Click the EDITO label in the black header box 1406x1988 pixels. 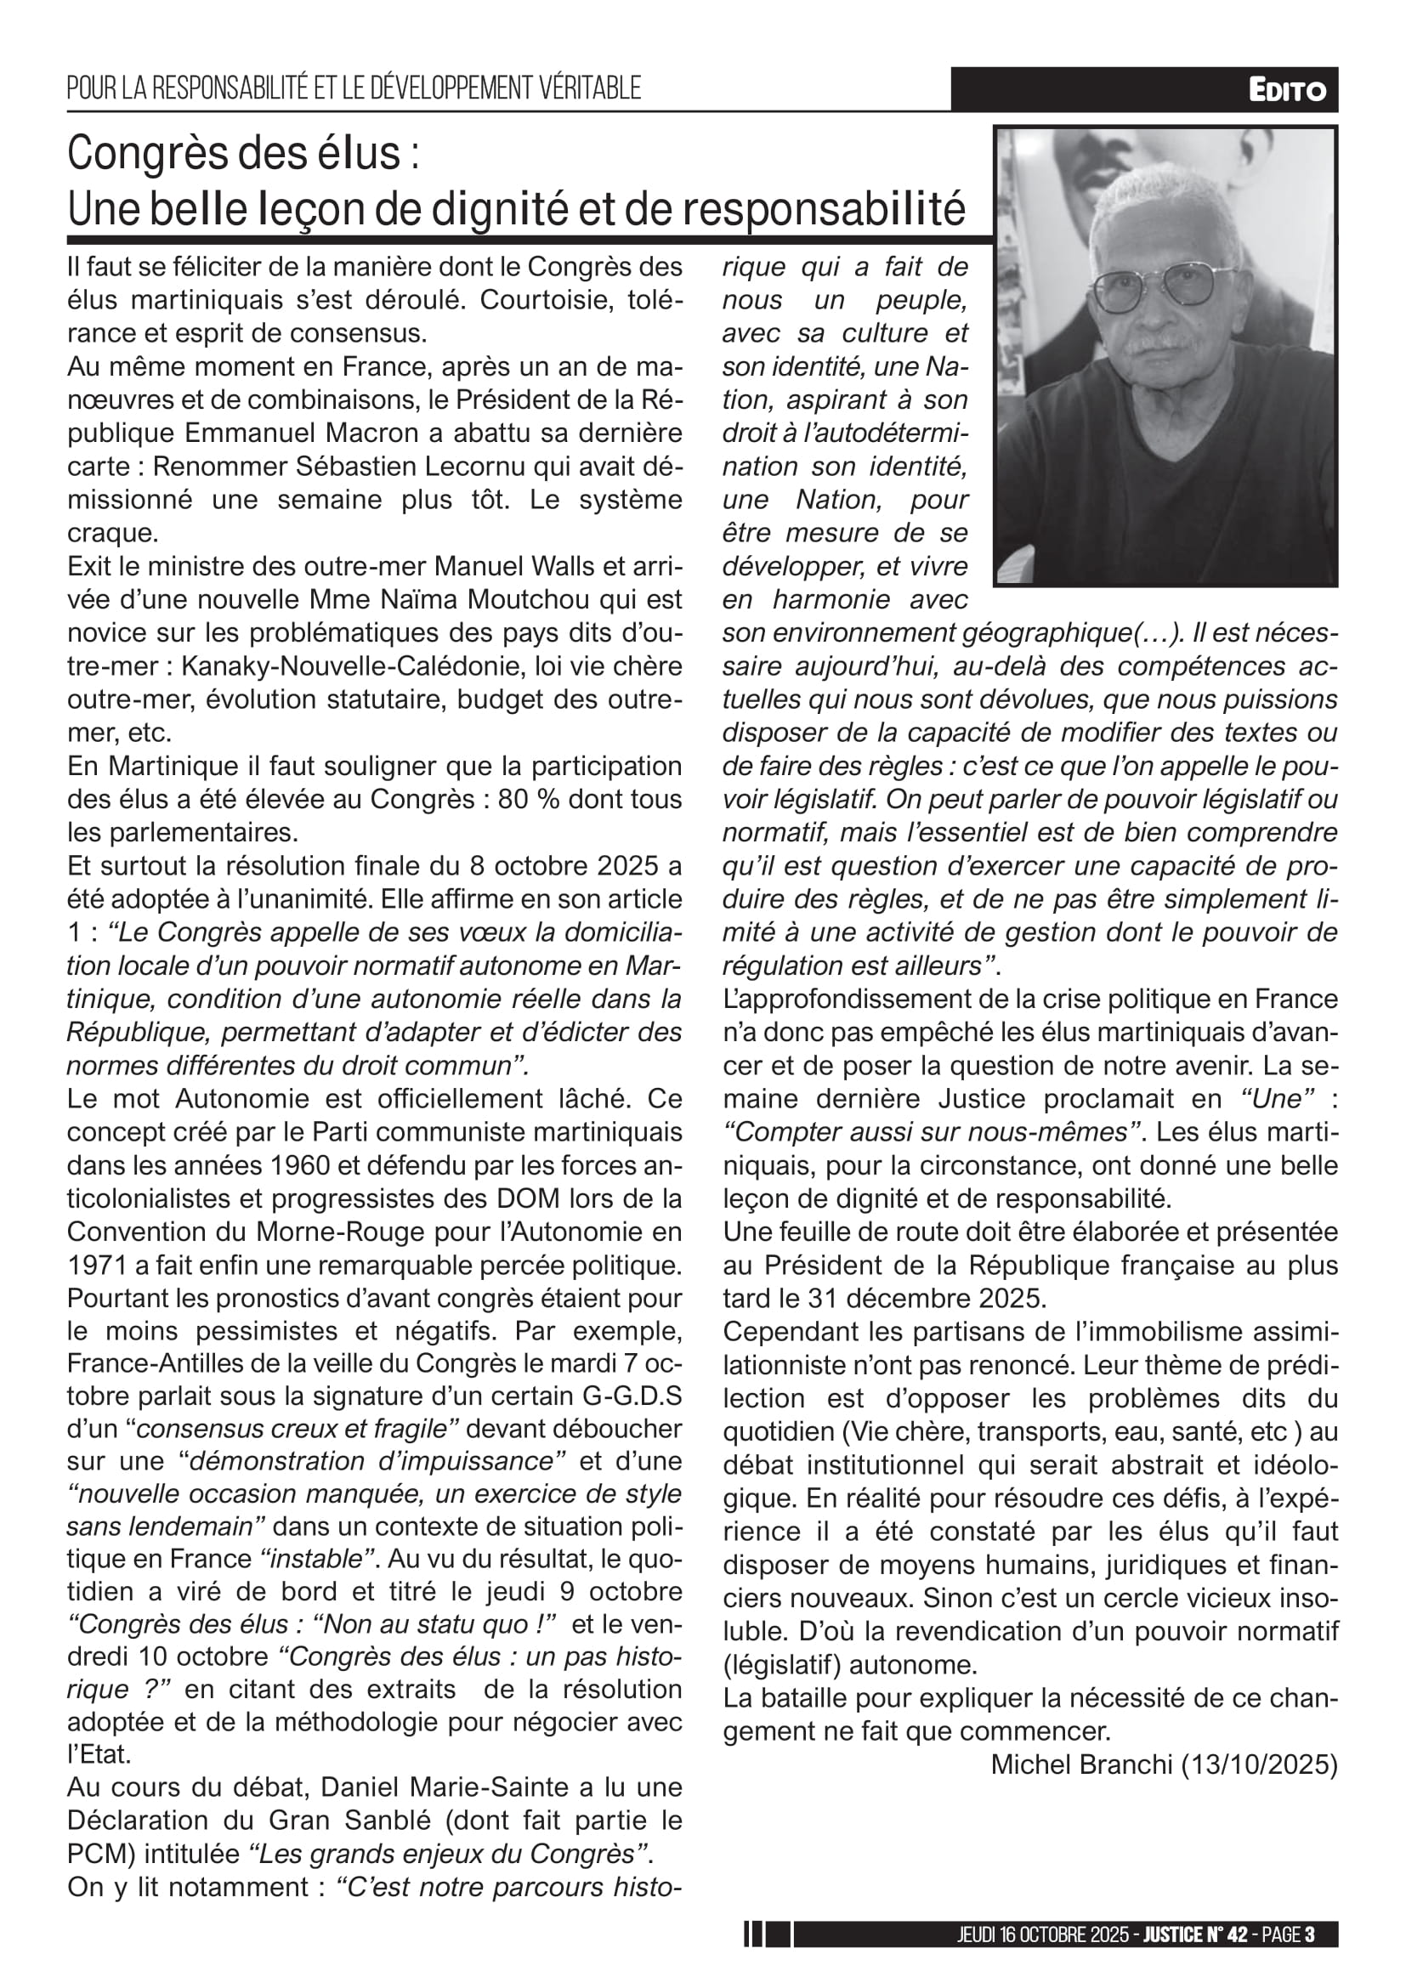click(1286, 90)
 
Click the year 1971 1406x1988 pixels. click(97, 1266)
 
